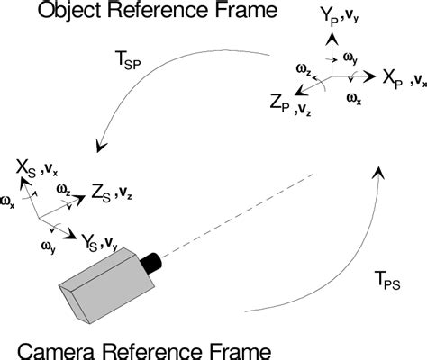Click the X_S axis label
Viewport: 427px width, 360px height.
point(26,166)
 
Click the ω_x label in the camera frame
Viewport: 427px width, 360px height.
point(8,204)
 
